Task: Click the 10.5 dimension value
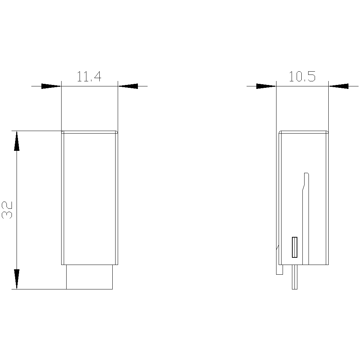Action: [302, 77]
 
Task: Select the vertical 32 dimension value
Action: [8, 210]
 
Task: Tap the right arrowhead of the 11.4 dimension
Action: [128, 86]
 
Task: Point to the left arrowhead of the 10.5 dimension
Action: [266, 86]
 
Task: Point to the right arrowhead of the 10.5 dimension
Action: [339, 86]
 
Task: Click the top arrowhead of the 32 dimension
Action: [17, 141]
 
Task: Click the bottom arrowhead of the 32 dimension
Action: [17, 279]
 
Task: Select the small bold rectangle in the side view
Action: [294, 247]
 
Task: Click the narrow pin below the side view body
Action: [294, 277]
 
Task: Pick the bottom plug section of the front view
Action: [89, 277]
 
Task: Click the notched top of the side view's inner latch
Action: [306, 176]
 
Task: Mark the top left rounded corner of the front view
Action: [63, 132]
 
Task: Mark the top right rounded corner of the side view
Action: [327, 132]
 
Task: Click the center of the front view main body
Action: [89, 198]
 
